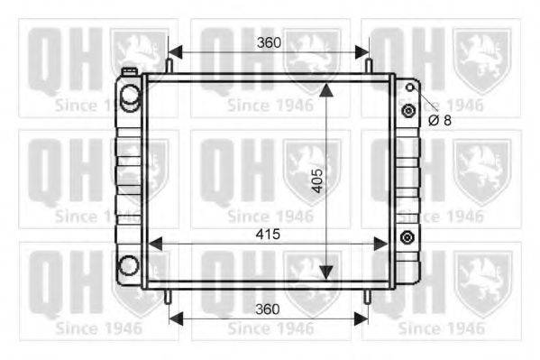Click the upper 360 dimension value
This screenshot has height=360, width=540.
tap(269, 42)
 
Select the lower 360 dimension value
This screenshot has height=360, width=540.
tap(268, 309)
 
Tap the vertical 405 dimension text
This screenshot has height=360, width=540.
tap(317, 180)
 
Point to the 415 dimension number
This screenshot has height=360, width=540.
tap(268, 235)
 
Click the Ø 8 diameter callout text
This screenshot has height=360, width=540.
tap(440, 120)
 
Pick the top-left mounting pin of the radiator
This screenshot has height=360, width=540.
tap(169, 66)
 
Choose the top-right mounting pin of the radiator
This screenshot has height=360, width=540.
tap(369, 66)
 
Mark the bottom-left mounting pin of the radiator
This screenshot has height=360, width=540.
tap(168, 297)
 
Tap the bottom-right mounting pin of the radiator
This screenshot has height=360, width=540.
tap(368, 297)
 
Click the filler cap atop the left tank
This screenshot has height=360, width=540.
tap(130, 71)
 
